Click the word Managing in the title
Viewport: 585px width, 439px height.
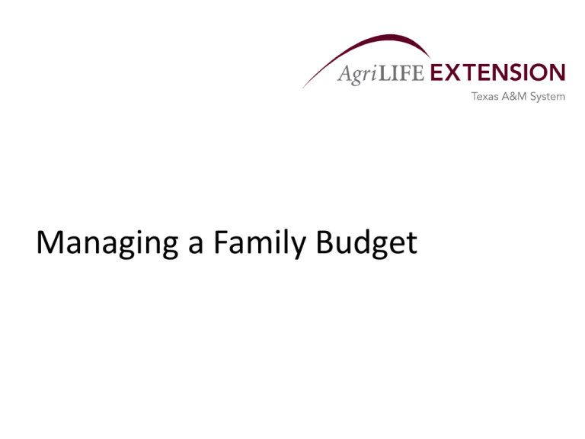click(107, 243)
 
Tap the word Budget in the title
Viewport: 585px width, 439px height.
click(366, 243)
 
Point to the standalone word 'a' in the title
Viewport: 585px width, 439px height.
click(196, 246)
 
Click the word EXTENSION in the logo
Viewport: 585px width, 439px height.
click(498, 72)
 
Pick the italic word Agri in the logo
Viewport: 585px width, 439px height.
click(357, 74)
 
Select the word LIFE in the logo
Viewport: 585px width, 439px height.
click(401, 73)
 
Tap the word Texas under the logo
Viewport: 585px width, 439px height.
click(485, 96)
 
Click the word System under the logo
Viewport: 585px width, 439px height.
click(548, 97)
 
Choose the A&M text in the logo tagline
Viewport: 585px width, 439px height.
click(514, 96)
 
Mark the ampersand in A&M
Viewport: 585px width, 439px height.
click(513, 96)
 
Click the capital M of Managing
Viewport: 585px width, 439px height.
click(47, 242)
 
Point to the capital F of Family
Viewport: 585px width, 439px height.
click(221, 242)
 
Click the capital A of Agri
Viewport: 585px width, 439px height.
click(344, 73)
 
